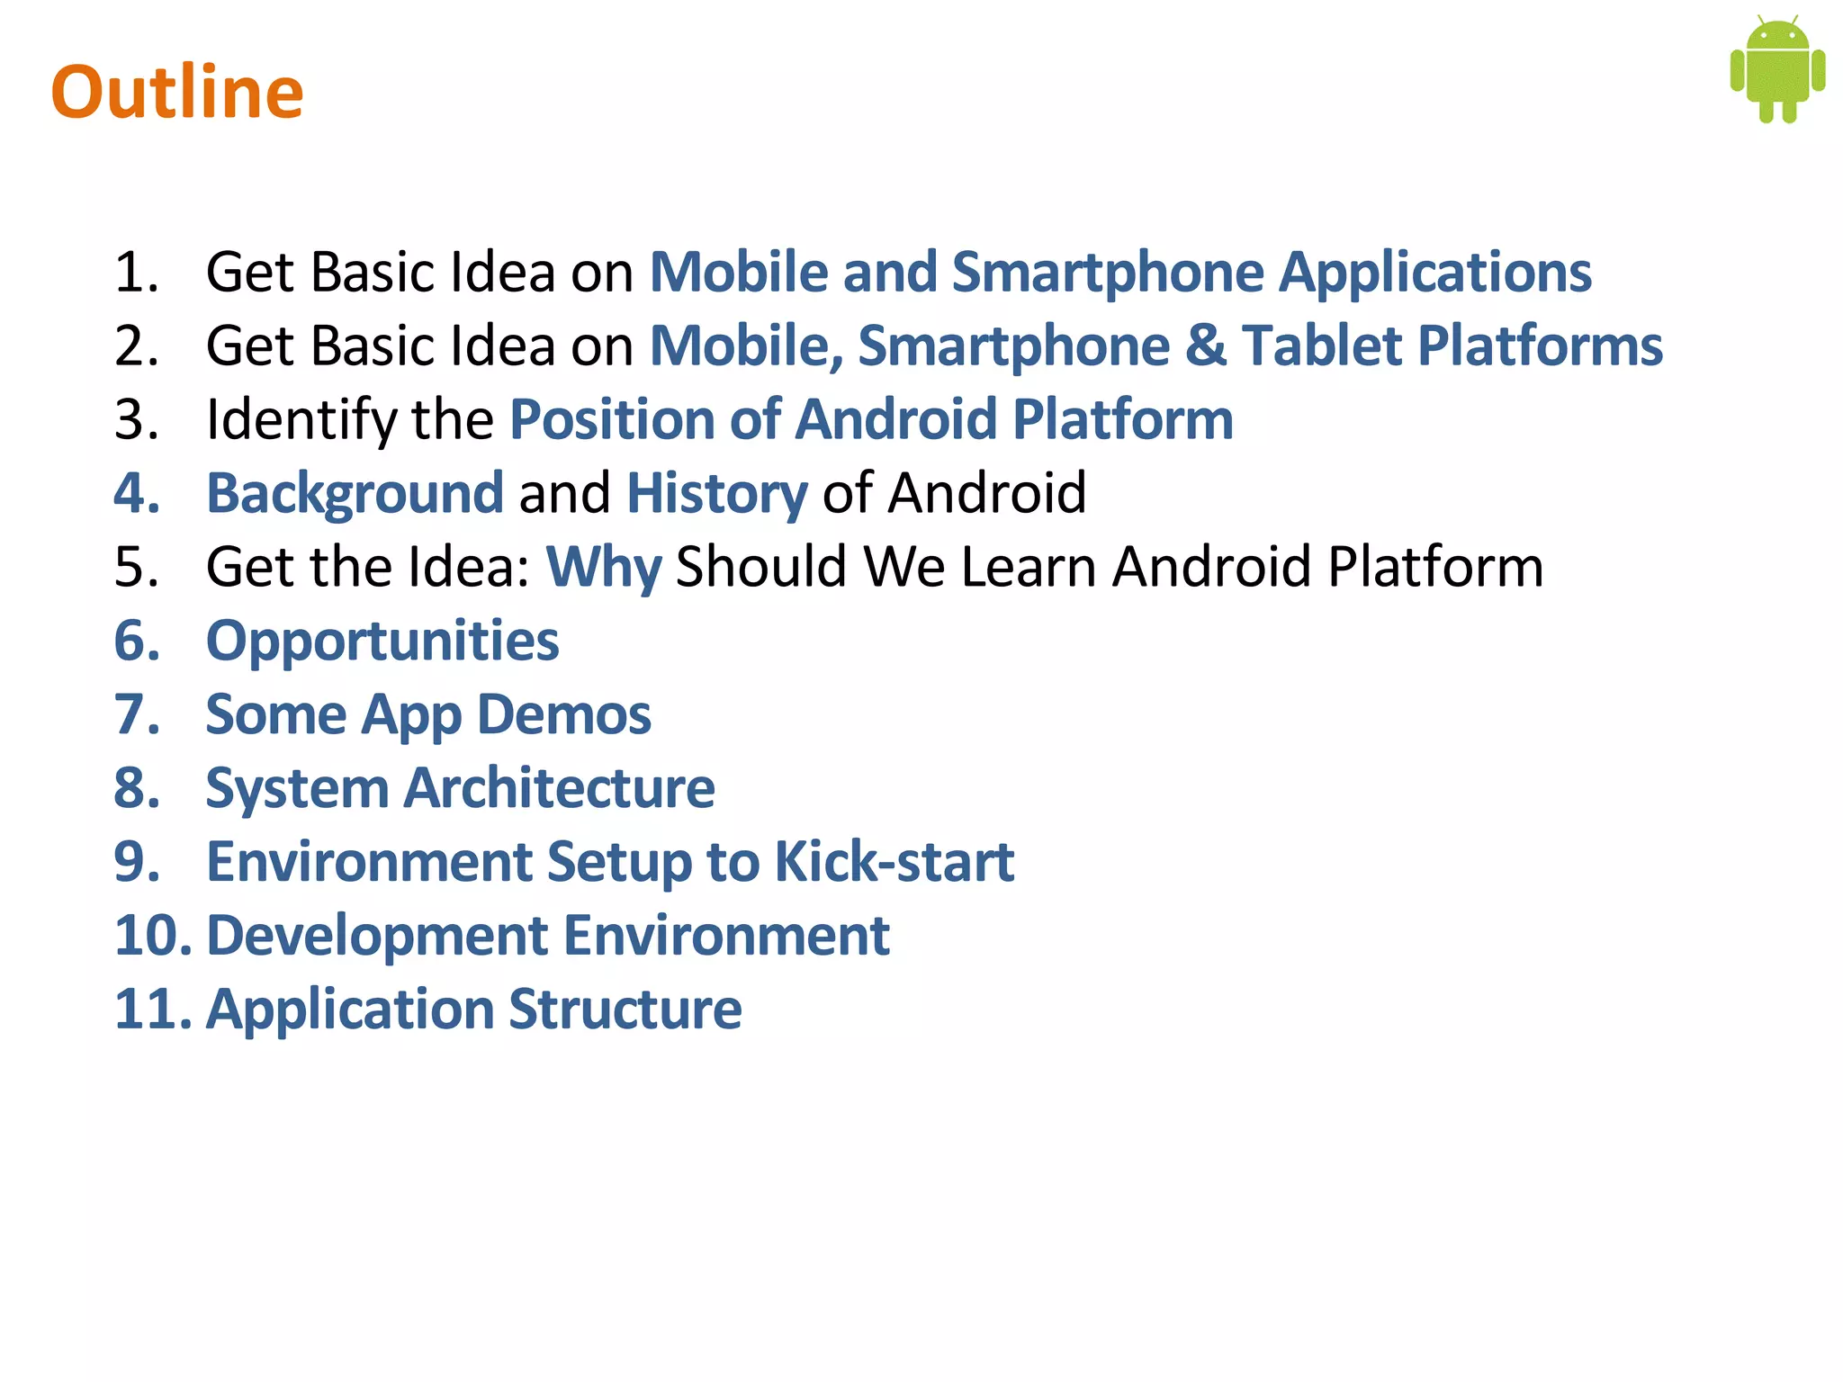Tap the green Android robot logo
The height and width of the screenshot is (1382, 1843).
(1777, 70)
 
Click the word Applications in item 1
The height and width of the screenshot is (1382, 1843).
(1435, 272)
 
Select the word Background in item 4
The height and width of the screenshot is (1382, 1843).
(355, 494)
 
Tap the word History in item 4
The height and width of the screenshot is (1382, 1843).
(716, 494)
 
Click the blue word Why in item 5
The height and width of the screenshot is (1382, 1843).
(604, 568)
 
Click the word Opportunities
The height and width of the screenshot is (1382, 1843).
(382, 642)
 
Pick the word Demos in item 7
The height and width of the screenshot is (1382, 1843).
(563, 715)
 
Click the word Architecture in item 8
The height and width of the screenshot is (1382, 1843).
(559, 789)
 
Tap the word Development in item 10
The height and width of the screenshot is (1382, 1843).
(377, 936)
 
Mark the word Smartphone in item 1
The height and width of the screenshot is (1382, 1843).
(1108, 272)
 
